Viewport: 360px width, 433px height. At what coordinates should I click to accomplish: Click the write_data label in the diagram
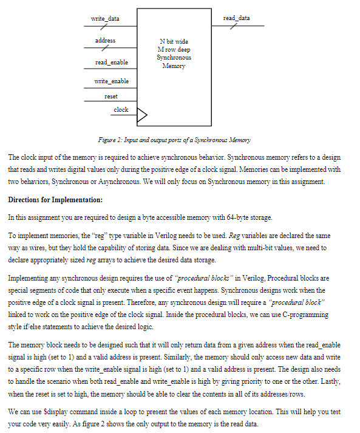(105, 19)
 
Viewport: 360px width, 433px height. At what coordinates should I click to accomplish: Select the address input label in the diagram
(105, 41)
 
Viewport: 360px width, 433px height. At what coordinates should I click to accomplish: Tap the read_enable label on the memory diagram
(111, 63)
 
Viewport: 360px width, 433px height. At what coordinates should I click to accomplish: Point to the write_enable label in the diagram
(112, 81)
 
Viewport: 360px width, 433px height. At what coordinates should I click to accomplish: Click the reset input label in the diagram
(111, 97)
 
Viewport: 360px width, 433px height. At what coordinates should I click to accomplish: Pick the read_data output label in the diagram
(236, 18)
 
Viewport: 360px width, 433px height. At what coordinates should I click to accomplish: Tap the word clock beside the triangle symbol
(121, 110)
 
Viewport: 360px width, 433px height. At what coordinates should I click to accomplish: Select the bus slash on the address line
(106, 48)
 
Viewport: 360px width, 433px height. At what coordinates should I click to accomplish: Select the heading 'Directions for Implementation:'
(55, 200)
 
